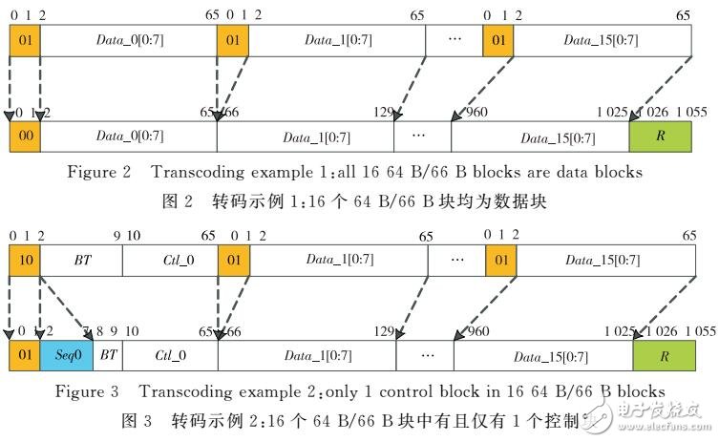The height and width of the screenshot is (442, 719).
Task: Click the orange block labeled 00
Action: coord(25,137)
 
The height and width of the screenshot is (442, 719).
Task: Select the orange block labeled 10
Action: coord(25,261)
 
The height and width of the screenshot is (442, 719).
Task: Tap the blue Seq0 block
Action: coord(67,355)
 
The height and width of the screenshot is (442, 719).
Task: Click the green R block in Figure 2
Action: coord(660,137)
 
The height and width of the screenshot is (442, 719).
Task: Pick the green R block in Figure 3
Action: coord(660,355)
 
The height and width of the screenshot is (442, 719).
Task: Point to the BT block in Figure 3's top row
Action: coord(81,261)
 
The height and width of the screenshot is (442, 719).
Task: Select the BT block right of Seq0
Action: coord(108,355)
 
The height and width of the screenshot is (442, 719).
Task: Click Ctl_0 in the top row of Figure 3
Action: coord(171,261)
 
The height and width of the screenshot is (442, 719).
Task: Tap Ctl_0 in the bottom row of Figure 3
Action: coord(171,355)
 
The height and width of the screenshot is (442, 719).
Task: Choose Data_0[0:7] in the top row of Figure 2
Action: coord(128,41)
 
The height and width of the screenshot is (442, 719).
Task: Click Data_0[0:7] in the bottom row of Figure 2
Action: coord(128,137)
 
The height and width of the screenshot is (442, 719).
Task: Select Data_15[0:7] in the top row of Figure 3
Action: coord(603,261)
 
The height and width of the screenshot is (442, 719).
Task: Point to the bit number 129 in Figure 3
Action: coord(384,330)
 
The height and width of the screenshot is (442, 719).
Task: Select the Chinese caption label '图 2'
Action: coord(180,202)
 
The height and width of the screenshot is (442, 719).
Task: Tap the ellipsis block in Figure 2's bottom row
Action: coord(422,137)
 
